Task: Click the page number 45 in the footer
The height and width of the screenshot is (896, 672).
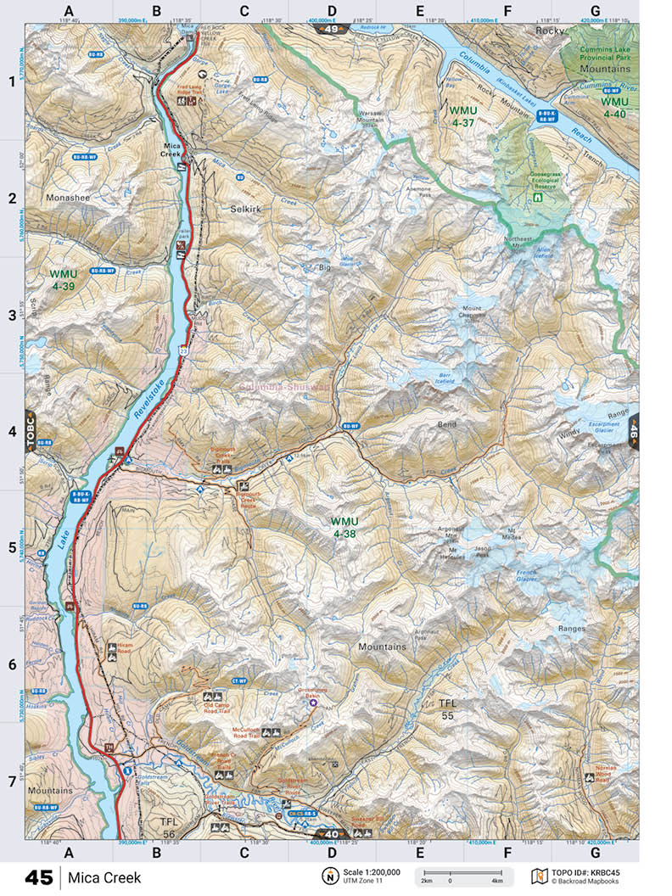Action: [x=38, y=877]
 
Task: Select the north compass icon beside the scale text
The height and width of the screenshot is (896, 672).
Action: [x=328, y=876]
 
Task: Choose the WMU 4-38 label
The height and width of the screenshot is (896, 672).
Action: [x=344, y=527]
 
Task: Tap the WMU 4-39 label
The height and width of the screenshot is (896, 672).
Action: [x=63, y=280]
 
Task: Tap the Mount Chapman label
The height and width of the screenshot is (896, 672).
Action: [x=473, y=313]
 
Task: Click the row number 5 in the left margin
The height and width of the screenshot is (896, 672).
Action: [x=12, y=548]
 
